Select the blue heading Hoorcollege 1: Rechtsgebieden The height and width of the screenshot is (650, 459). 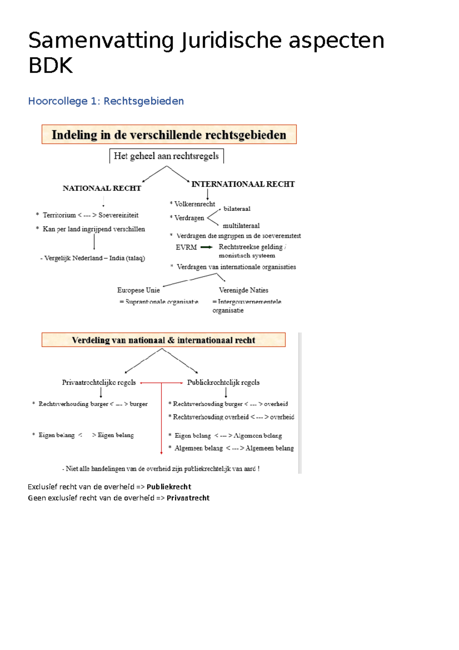(106, 101)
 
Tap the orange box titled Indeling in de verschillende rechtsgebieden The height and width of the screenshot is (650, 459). (169, 134)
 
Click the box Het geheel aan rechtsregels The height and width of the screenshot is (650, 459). (166, 156)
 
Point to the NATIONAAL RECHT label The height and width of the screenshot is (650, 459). (102, 188)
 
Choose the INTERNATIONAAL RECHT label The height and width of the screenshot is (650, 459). (243, 184)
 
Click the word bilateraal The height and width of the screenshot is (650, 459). (237, 209)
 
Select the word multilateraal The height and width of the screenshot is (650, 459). (241, 226)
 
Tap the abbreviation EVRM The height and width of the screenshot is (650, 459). (186, 247)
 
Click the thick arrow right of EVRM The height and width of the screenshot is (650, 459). (207, 247)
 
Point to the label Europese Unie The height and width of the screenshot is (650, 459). (138, 290)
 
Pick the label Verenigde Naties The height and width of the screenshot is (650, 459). (243, 290)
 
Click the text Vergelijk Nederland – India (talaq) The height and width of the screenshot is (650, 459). (93, 258)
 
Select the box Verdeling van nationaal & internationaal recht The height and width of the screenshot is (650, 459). (163, 340)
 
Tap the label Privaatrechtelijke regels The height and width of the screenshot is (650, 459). (99, 382)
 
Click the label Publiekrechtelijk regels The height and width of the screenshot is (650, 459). (223, 382)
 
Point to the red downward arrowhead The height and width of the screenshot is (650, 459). (161, 452)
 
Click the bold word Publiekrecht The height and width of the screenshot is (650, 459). (169, 487)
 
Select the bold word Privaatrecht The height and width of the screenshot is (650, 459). (188, 498)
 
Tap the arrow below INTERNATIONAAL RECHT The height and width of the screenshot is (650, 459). (208, 194)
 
